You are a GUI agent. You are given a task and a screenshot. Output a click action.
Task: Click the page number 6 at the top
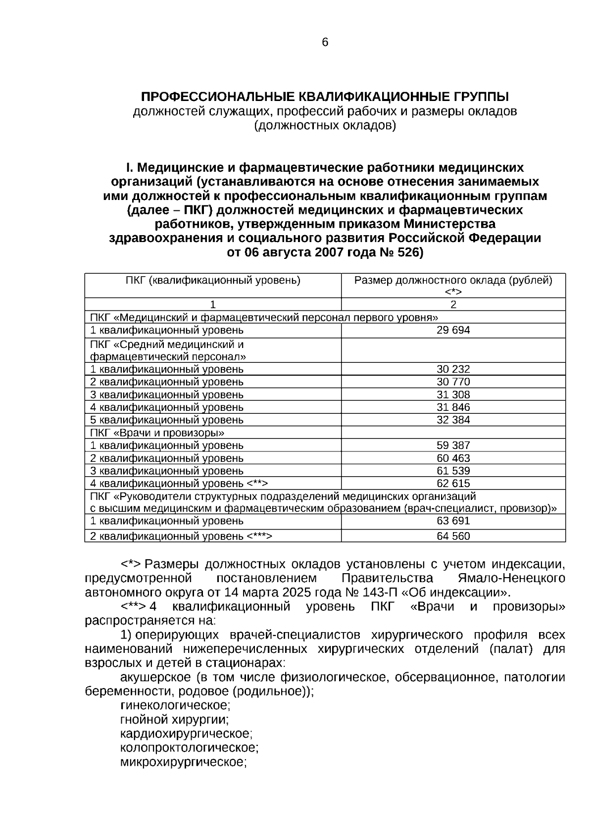(x=325, y=43)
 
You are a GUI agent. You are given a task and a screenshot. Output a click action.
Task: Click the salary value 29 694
(x=453, y=330)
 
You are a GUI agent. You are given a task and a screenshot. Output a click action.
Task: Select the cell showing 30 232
(x=453, y=369)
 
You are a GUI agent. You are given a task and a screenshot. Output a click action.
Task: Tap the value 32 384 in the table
(x=453, y=420)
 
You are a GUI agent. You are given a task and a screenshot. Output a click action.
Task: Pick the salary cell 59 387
(x=453, y=445)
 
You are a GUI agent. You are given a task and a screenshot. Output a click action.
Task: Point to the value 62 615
(x=453, y=484)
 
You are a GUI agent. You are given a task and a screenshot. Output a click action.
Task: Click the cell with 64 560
(x=453, y=536)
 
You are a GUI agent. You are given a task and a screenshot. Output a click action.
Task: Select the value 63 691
(x=453, y=521)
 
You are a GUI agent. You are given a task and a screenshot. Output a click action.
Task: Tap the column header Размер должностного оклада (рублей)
(x=453, y=281)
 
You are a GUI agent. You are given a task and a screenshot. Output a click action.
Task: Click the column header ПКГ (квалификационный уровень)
(x=213, y=281)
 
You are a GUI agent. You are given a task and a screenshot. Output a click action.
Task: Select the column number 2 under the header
(x=453, y=305)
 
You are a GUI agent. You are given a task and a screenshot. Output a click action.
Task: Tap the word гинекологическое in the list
(x=175, y=705)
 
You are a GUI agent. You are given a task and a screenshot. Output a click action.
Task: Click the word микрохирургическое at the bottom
(x=183, y=762)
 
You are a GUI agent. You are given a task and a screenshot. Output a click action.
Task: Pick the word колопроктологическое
(x=189, y=747)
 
